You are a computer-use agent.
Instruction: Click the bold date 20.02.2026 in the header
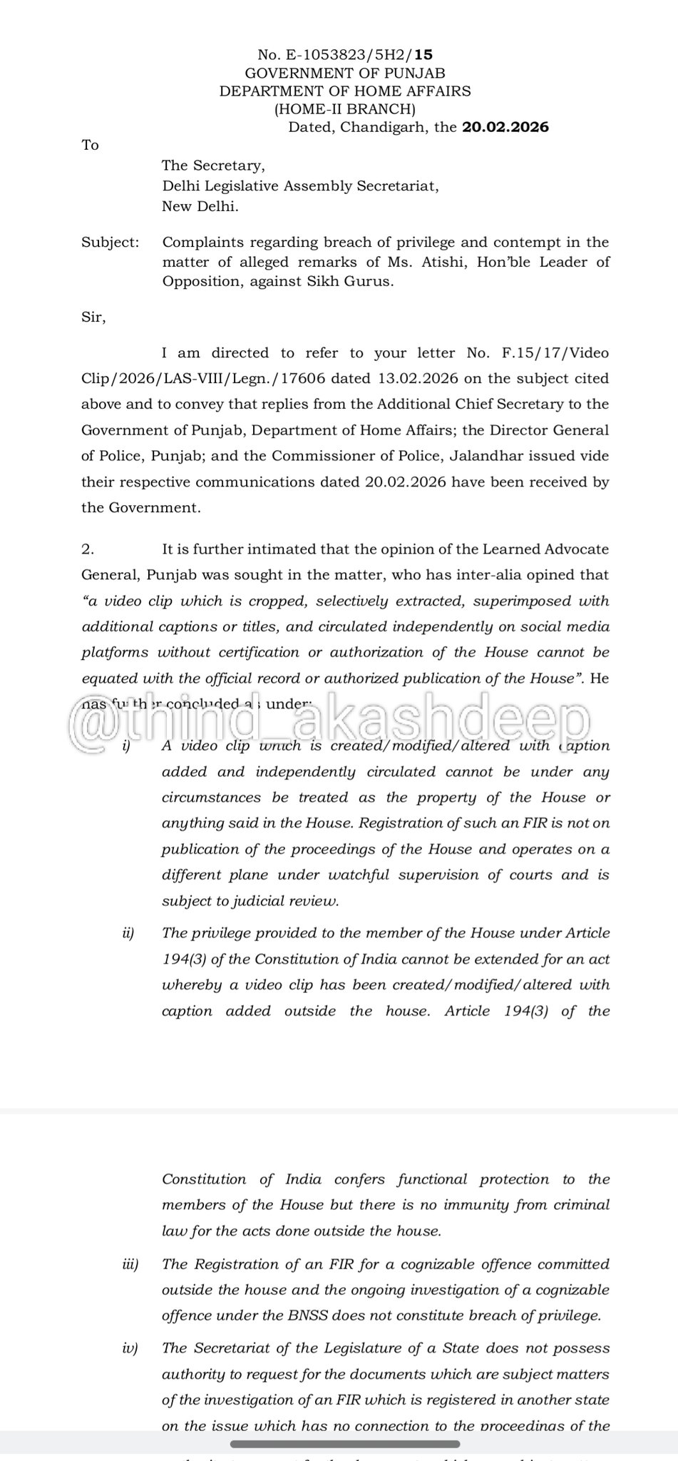(x=505, y=128)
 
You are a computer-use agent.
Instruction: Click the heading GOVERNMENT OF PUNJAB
(x=345, y=73)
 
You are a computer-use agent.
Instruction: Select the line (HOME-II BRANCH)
(x=345, y=109)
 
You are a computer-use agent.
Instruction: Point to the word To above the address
(x=90, y=146)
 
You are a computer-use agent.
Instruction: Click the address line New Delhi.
(x=200, y=207)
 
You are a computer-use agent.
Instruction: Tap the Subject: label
(x=111, y=243)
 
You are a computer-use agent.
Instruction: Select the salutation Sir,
(x=93, y=318)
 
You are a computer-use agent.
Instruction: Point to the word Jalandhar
(x=506, y=456)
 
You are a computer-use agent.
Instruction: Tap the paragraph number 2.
(x=88, y=549)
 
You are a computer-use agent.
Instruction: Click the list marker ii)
(x=128, y=933)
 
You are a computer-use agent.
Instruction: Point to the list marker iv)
(x=129, y=1348)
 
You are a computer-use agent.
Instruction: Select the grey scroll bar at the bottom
(x=339, y=1444)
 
